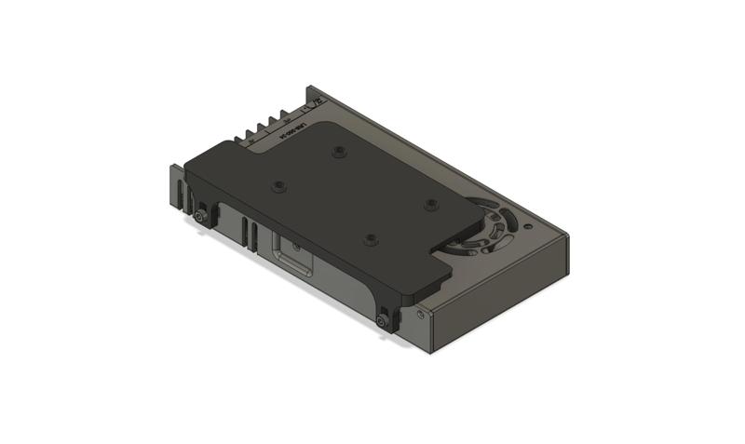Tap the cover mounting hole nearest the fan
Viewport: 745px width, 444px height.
point(430,203)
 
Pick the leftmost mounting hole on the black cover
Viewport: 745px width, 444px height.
point(278,186)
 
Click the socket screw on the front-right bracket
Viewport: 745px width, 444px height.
point(384,321)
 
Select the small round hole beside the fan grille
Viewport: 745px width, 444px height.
point(528,225)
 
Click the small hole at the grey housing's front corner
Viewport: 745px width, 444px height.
point(424,316)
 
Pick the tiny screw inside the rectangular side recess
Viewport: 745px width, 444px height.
point(295,248)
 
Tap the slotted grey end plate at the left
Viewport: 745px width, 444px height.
point(177,187)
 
